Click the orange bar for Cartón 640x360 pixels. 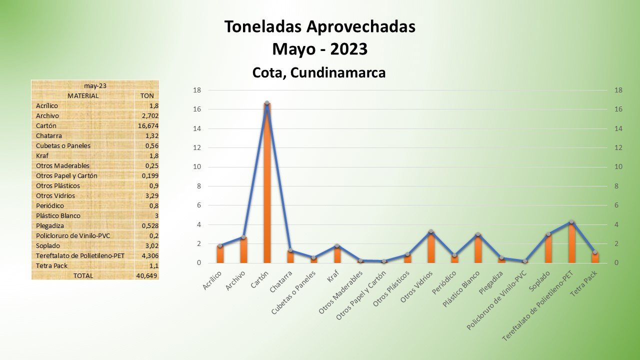click(267, 185)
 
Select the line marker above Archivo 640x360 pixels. click(243, 237)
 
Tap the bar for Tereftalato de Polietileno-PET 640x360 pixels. click(571, 243)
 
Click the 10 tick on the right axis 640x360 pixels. click(618, 167)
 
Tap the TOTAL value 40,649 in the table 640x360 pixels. click(147, 275)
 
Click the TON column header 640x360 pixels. click(147, 95)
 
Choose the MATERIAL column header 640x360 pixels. click(83, 95)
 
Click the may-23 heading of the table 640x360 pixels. click(95, 85)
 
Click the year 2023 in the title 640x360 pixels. click(348, 49)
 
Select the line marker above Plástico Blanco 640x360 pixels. click(478, 234)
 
